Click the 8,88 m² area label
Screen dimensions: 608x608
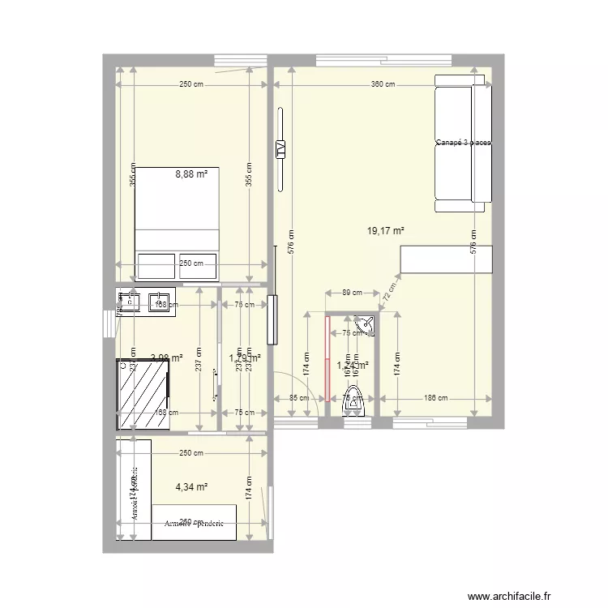point(191,173)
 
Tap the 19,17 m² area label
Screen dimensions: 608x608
point(385,231)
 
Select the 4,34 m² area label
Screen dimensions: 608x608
point(191,487)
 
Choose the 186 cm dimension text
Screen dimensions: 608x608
point(436,398)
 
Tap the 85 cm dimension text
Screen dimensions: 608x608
point(298,398)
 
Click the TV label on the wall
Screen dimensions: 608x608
point(280,148)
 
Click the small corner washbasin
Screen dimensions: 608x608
point(368,323)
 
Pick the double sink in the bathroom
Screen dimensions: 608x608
point(146,302)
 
